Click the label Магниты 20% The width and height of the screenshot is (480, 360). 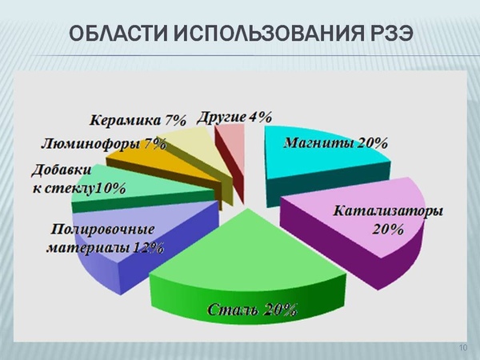336,143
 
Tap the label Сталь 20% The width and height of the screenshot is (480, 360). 252,309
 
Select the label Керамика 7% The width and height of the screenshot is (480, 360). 138,120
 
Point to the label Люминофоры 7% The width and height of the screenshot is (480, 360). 104,143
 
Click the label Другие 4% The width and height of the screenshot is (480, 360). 234,118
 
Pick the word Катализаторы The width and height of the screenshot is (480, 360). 388,211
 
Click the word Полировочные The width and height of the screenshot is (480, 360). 102,230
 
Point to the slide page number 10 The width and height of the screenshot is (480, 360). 463,347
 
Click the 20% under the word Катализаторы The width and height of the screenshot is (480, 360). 388,230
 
